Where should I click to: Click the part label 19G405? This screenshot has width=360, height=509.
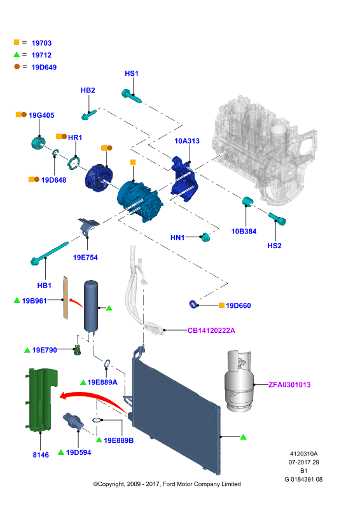[41, 115]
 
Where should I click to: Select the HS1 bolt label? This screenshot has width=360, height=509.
[132, 73]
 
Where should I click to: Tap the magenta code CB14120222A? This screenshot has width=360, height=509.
[211, 330]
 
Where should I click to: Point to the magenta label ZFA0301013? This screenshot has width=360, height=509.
[289, 385]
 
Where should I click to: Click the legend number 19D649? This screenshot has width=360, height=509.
[44, 67]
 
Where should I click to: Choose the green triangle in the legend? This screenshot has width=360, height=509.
[17, 55]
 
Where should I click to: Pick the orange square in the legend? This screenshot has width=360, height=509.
[17, 42]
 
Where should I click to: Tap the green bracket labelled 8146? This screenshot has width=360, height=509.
[41, 400]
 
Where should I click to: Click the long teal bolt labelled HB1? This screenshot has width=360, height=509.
[50, 253]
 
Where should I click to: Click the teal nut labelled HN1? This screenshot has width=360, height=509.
[205, 237]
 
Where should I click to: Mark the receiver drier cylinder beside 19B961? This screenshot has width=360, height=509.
[91, 307]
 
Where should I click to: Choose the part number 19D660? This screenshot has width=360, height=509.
[239, 305]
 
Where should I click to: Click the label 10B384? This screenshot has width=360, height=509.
[244, 232]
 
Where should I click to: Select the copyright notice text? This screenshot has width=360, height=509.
[167, 484]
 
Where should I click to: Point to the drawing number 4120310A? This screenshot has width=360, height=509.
[303, 454]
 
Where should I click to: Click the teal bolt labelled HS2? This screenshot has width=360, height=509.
[277, 218]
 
